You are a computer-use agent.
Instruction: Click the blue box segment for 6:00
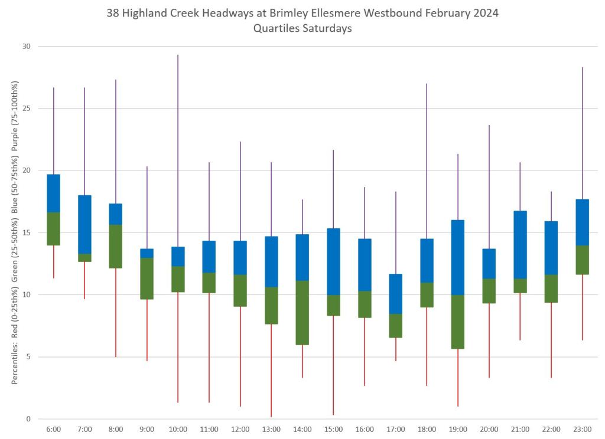(53, 193)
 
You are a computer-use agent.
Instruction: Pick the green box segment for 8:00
(116, 246)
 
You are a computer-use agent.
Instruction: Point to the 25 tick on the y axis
(27, 109)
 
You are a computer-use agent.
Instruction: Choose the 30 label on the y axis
(27, 47)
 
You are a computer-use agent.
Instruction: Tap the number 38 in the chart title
(113, 13)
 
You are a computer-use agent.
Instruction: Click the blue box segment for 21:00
(520, 244)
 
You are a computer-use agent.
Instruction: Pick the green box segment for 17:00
(396, 326)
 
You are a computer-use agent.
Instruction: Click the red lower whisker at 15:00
(333, 365)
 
